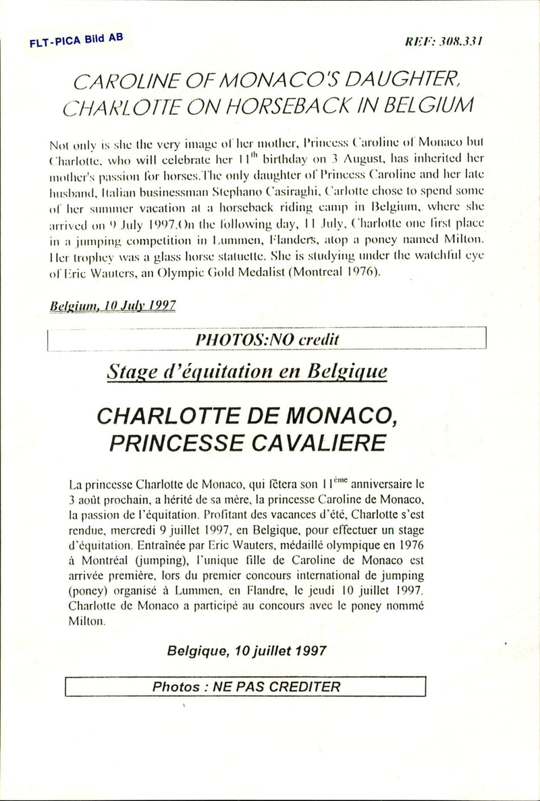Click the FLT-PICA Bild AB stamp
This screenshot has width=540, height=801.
click(x=76, y=40)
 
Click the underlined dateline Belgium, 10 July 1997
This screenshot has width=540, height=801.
click(x=113, y=305)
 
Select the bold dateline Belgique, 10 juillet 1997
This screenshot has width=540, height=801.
click(x=247, y=651)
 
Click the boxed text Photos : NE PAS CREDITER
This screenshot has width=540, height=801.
click(x=246, y=687)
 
